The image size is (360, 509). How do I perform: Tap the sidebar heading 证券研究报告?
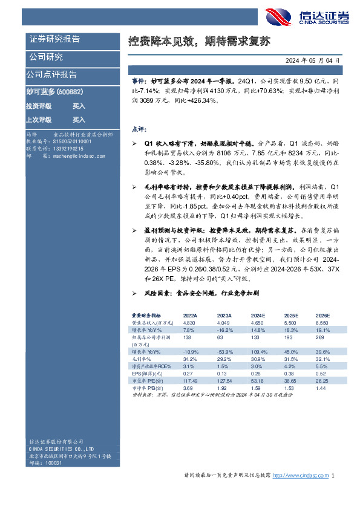click(54, 39)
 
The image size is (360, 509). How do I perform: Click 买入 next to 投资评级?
click(79, 106)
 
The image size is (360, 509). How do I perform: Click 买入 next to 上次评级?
click(79, 120)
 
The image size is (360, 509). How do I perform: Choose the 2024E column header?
click(258, 316)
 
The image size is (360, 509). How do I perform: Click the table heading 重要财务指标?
click(146, 316)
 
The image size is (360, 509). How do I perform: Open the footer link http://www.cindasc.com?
click(301, 476)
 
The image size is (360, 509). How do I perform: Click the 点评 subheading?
click(138, 128)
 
